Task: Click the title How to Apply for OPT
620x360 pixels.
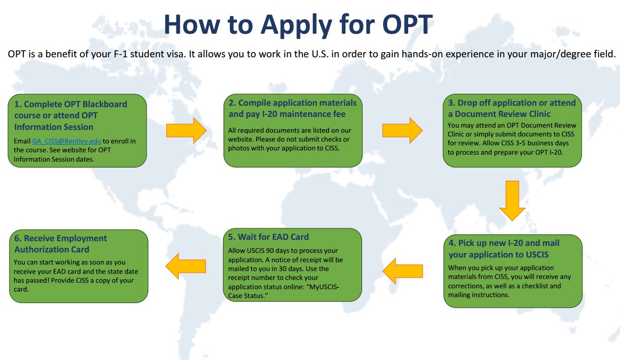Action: click(298, 24)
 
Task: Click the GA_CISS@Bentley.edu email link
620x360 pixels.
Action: click(67, 141)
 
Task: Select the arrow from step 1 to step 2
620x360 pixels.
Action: click(186, 130)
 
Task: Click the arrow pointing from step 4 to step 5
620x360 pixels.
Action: click(403, 271)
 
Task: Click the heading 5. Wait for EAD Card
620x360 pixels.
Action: click(269, 237)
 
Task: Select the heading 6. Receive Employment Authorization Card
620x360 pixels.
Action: click(61, 244)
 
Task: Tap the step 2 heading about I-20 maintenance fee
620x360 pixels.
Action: click(292, 108)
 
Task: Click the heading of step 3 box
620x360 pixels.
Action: click(512, 108)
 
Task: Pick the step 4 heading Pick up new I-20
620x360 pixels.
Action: click(504, 249)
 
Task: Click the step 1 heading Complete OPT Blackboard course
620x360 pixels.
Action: click(70, 115)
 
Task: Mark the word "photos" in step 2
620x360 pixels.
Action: click(238, 149)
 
